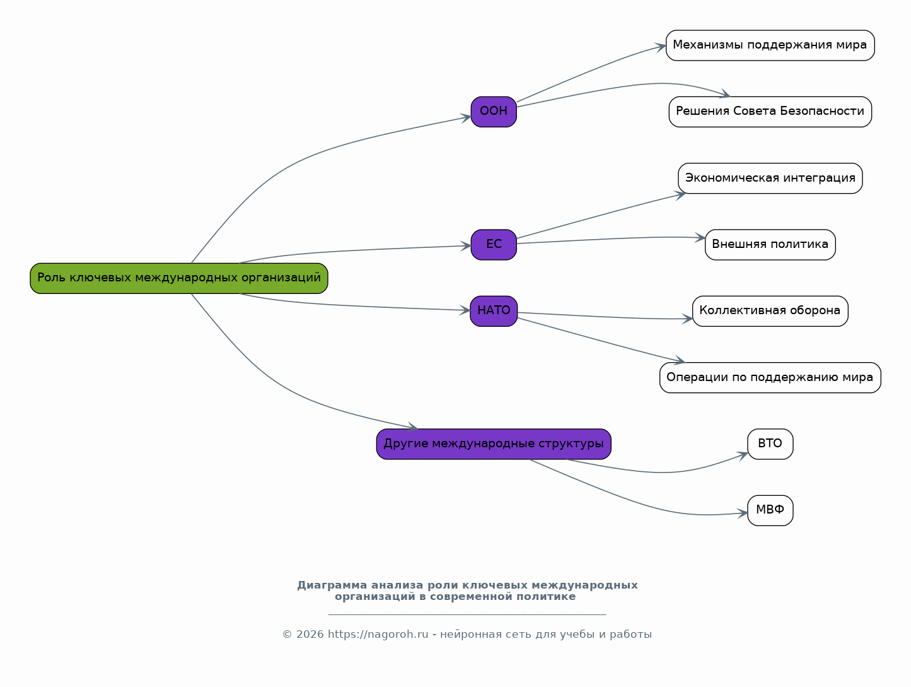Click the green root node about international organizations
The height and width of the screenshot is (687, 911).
click(x=179, y=278)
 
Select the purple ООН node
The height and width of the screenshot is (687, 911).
click(x=494, y=112)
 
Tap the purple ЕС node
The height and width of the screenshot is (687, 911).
click(x=494, y=245)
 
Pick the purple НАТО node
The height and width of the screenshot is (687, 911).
click(x=494, y=311)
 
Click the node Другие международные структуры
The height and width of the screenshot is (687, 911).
click(x=494, y=443)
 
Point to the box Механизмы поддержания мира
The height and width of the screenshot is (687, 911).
click(x=770, y=45)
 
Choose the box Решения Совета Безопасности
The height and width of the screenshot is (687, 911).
click(x=770, y=112)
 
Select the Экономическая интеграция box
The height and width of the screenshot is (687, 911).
click(x=770, y=178)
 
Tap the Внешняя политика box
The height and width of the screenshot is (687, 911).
click(x=770, y=245)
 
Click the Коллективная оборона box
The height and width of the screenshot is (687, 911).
click(x=770, y=311)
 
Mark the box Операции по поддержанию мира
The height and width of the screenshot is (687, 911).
click(x=770, y=377)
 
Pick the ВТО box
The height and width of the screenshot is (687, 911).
click(x=770, y=443)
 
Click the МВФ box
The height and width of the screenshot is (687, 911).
click(x=770, y=510)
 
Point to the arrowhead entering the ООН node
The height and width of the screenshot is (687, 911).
click(x=466, y=118)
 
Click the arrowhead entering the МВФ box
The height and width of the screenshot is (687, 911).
click(x=742, y=514)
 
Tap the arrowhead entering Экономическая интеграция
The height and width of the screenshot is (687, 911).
click(x=680, y=195)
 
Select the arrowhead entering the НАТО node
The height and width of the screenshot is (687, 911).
click(x=465, y=310)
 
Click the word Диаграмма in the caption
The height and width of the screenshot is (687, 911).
click(x=332, y=585)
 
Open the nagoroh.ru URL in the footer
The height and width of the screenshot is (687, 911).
click(x=378, y=635)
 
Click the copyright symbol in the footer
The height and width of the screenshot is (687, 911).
click(x=287, y=635)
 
